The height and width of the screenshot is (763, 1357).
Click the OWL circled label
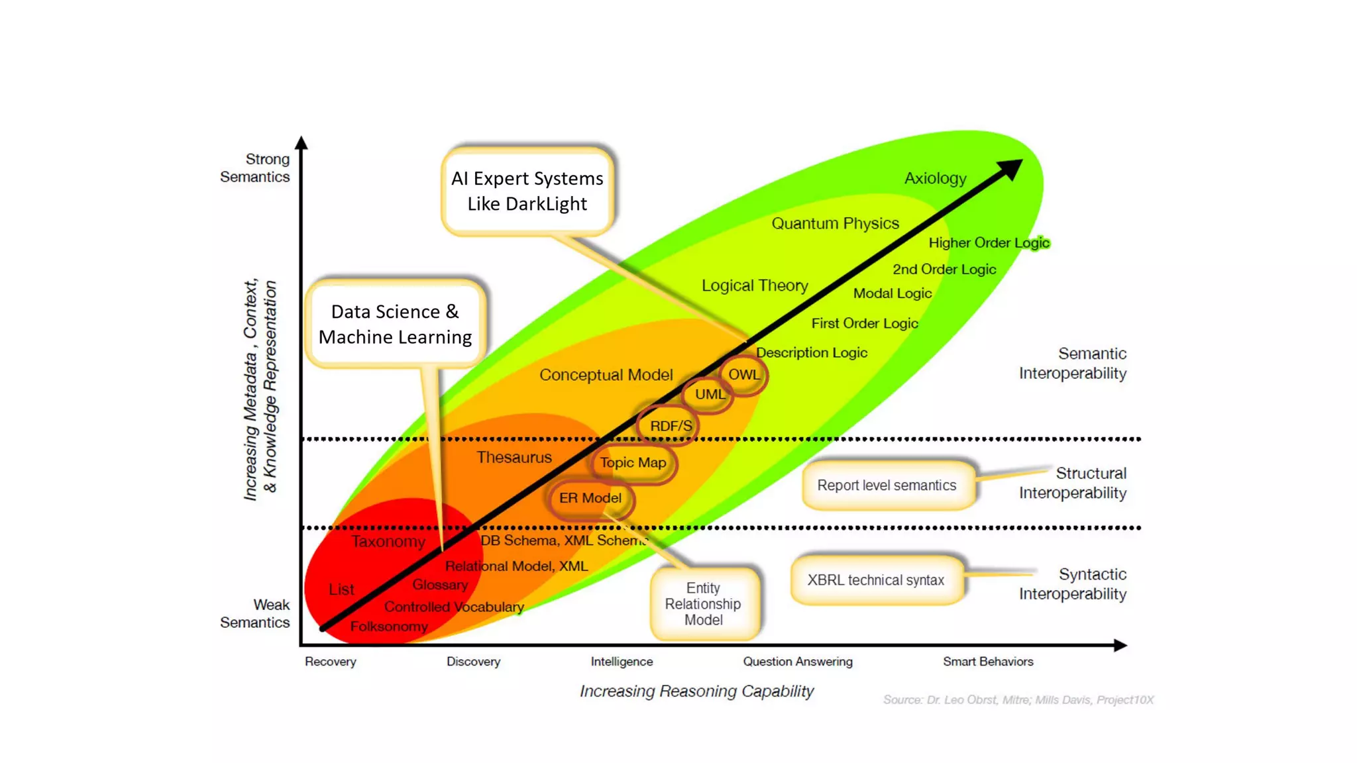[744, 375]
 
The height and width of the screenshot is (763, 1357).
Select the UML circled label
[709, 394]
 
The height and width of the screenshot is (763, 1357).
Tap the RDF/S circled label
[670, 426]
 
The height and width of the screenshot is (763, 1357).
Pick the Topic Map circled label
[633, 463]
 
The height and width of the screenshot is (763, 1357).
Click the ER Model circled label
[590, 498]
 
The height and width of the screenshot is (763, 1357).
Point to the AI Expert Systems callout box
[527, 191]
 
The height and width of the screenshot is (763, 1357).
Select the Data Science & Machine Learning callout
[396, 324]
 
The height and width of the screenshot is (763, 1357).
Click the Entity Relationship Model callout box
[704, 603]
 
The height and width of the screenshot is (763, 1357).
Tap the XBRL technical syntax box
[876, 580]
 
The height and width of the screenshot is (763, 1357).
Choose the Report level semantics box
[887, 485]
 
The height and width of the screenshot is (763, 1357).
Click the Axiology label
[935, 178]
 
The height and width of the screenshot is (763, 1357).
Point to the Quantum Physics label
[835, 223]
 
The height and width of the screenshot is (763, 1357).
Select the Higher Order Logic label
[989, 243]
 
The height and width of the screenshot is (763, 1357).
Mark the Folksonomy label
[389, 627]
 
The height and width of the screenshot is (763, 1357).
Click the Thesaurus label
[514, 457]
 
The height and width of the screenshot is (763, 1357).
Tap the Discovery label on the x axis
[473, 662]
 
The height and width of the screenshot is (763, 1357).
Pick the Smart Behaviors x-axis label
[988, 662]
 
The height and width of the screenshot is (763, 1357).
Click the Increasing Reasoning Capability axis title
[696, 691]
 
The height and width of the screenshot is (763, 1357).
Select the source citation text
[1018, 700]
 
